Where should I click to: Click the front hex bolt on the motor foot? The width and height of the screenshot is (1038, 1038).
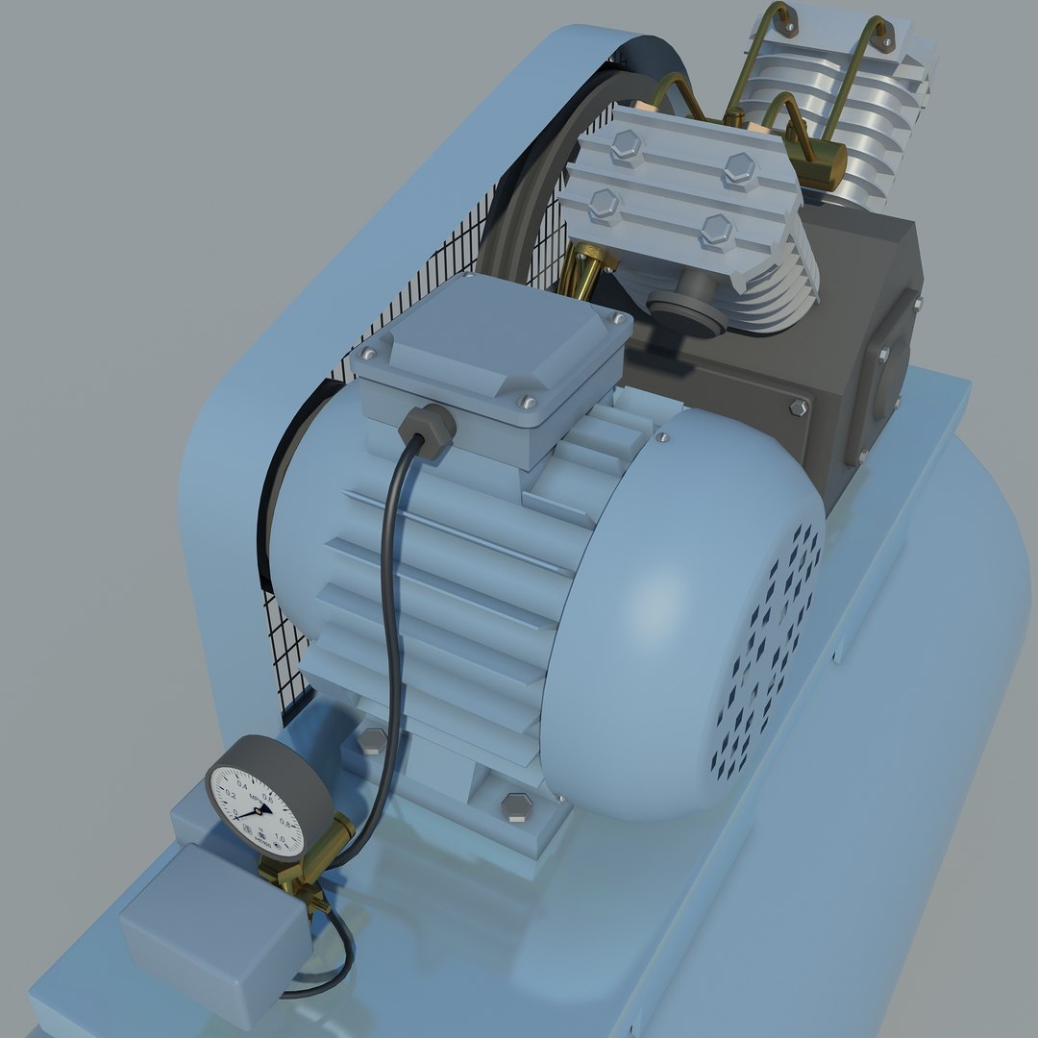coord(515,806)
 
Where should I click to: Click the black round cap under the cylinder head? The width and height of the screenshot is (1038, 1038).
coord(686,313)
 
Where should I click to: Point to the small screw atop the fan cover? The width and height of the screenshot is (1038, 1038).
coord(661,436)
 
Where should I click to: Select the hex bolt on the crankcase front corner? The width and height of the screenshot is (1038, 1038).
coord(797,408)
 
